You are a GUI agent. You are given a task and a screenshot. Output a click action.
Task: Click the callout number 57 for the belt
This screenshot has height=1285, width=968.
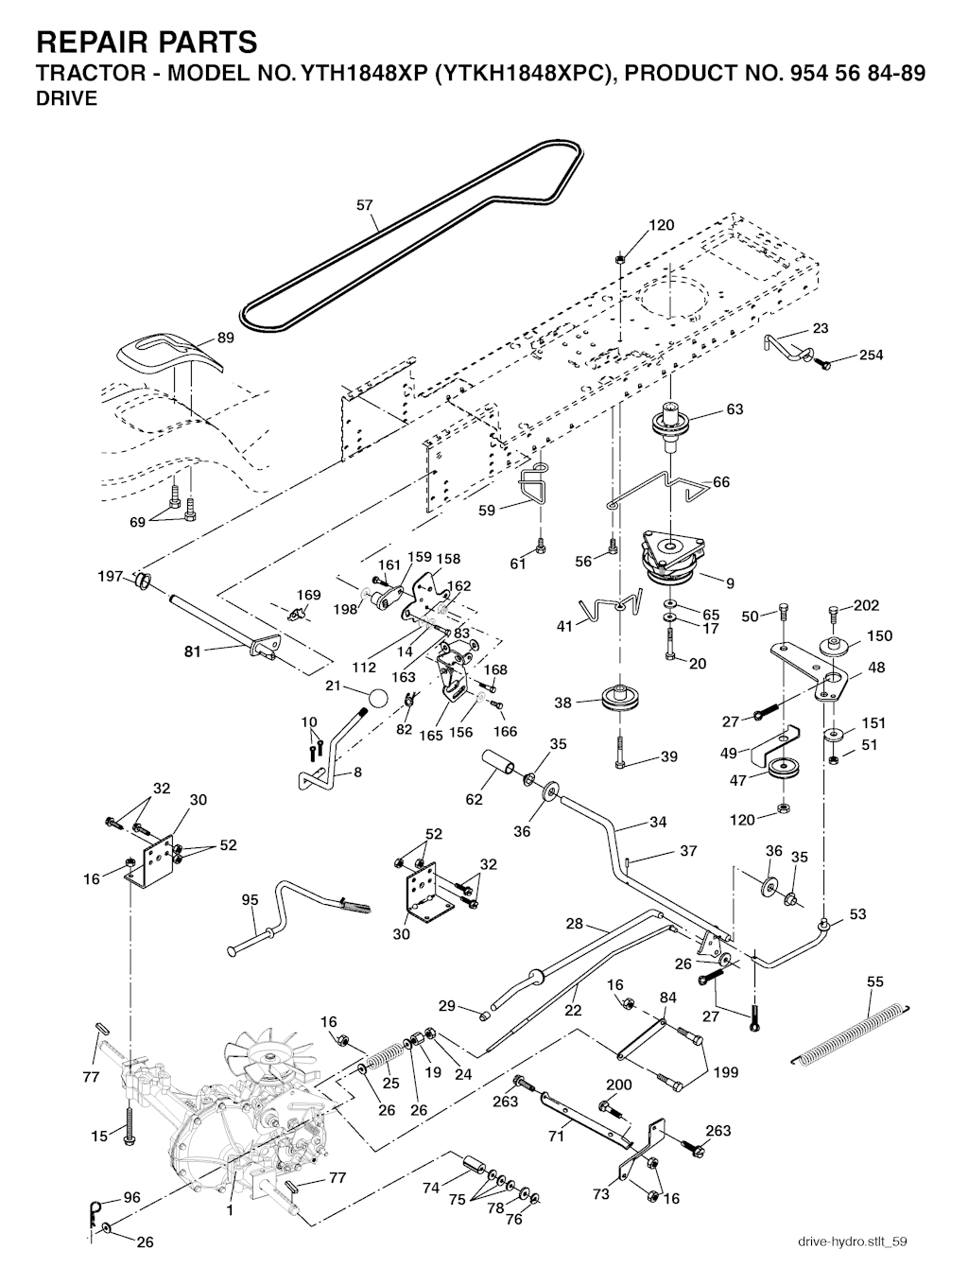pyautogui.click(x=365, y=204)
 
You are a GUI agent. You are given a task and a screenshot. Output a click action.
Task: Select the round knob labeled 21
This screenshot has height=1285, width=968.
pyautogui.click(x=377, y=699)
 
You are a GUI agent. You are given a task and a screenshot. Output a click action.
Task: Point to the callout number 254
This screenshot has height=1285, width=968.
pyautogui.click(x=872, y=356)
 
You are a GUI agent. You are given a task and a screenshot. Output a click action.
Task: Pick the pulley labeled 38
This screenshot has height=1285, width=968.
pyautogui.click(x=619, y=701)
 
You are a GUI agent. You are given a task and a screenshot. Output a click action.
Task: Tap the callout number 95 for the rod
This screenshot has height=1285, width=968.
pyautogui.click(x=250, y=900)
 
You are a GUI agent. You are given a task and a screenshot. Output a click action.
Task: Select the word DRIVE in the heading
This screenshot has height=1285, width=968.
pyautogui.click(x=66, y=99)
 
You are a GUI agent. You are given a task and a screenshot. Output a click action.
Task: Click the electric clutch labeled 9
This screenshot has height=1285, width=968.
pyautogui.click(x=673, y=561)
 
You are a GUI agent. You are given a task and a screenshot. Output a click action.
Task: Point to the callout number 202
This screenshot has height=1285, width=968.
pyautogui.click(x=866, y=605)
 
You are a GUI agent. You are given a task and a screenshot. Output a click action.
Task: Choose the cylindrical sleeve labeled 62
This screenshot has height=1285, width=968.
pyautogui.click(x=498, y=762)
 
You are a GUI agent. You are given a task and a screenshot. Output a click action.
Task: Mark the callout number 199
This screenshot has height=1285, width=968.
pyautogui.click(x=726, y=1072)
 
